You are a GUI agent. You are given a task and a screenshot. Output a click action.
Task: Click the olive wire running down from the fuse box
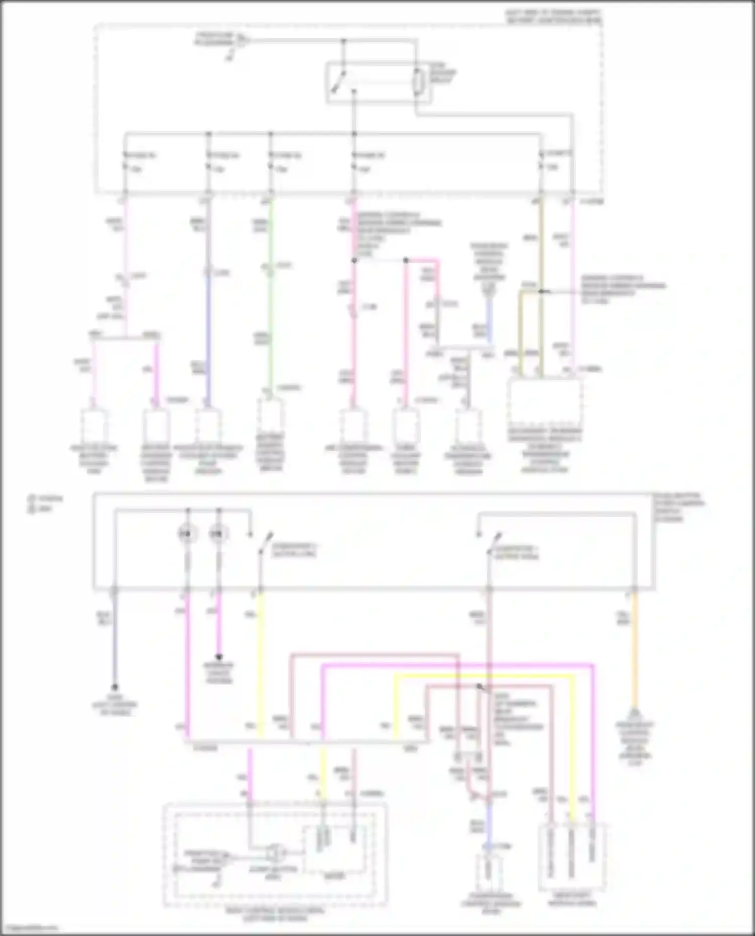(541, 251)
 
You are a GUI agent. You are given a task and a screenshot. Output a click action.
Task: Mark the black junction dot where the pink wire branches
(354, 261)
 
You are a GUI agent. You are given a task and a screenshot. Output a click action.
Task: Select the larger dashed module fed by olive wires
(546, 402)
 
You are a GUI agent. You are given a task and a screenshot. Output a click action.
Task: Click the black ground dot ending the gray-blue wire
(115, 687)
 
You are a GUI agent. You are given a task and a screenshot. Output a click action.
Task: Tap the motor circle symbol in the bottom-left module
(275, 853)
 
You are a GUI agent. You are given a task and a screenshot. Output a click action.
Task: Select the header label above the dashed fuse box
(554, 16)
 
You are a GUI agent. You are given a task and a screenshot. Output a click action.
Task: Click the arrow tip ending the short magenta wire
(218, 657)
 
